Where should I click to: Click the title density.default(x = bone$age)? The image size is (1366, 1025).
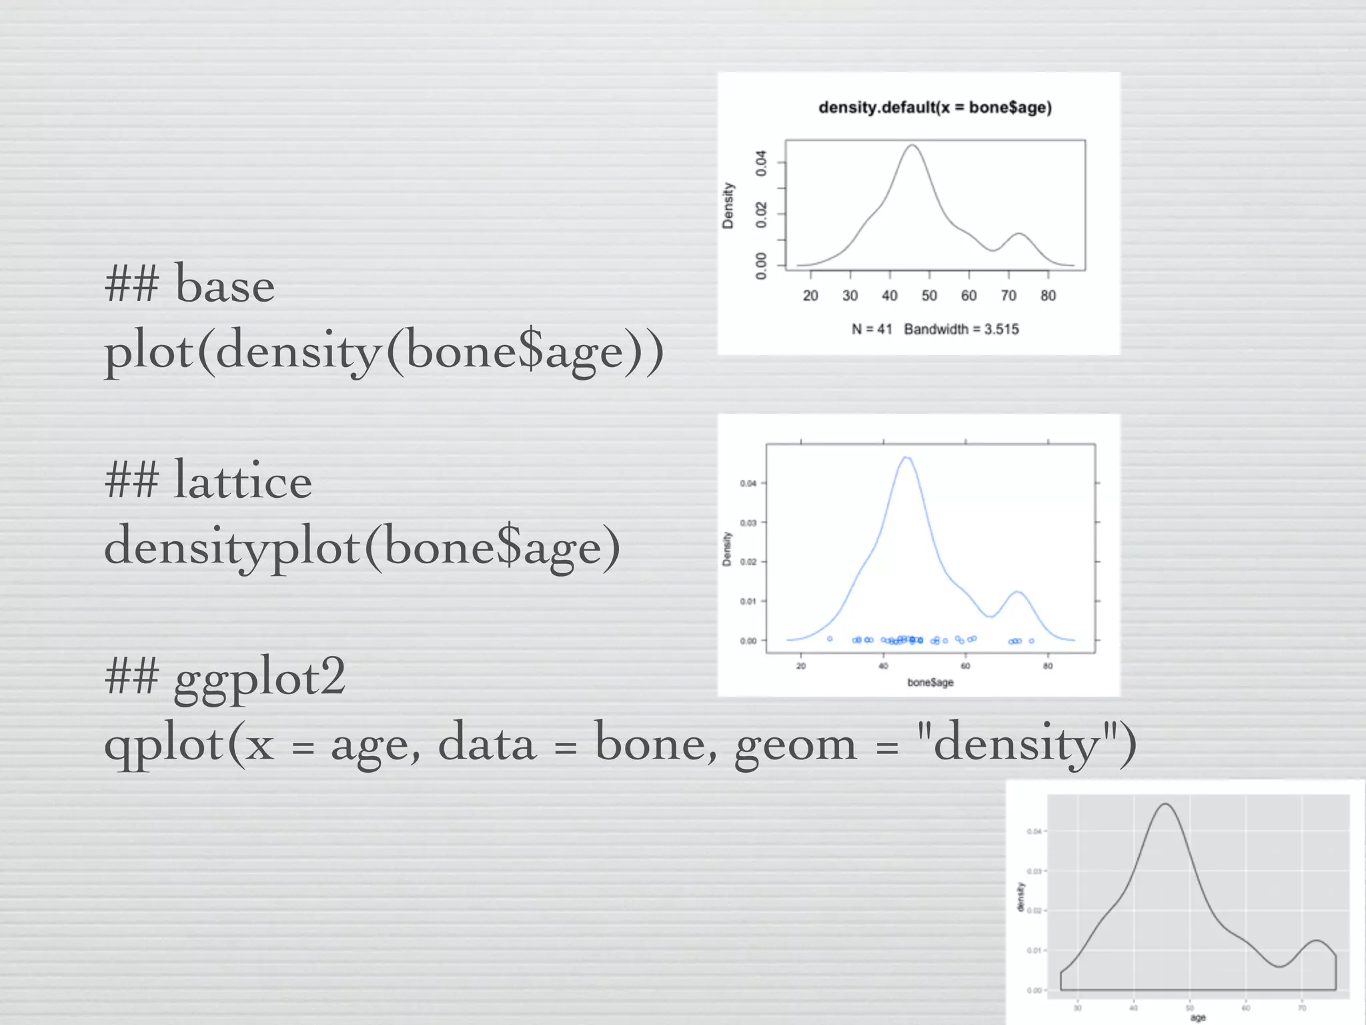tap(934, 107)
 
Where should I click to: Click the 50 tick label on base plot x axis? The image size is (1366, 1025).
tap(929, 296)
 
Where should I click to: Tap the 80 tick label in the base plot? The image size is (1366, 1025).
tap(1048, 296)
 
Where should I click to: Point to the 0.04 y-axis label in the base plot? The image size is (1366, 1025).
tap(761, 163)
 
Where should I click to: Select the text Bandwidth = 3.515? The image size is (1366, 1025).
tap(961, 329)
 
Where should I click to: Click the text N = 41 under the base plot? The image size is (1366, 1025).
tap(871, 329)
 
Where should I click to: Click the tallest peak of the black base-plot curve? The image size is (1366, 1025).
tap(912, 145)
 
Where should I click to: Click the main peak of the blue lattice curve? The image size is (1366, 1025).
tap(906, 458)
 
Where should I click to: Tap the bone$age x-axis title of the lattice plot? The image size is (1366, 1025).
tap(930, 682)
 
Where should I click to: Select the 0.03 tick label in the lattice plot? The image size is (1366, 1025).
tap(748, 523)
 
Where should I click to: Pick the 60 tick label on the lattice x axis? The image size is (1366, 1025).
tap(965, 665)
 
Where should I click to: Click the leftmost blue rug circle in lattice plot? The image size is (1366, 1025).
tap(830, 639)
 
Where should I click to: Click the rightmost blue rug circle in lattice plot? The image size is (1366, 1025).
tap(1032, 641)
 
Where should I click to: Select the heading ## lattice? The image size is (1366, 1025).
tap(208, 480)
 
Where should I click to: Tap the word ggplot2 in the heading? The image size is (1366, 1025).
tap(259, 677)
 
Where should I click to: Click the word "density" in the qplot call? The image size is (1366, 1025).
tap(1016, 743)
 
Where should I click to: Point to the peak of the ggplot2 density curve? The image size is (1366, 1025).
tap(1165, 804)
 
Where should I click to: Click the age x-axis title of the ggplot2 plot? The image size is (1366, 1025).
tap(1198, 1018)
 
